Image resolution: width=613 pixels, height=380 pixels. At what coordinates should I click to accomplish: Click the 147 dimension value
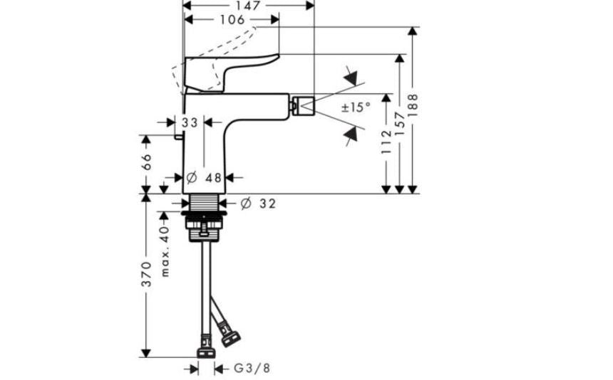point(248,6)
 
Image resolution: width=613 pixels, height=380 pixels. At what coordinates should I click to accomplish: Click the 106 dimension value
point(232,19)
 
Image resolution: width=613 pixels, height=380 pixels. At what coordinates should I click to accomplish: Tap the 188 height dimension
point(413,105)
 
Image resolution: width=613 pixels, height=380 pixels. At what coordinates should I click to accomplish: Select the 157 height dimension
point(400,123)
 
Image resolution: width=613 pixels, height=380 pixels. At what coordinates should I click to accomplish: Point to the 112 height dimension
point(386,142)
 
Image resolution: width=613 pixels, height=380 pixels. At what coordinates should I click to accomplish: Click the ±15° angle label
point(356,107)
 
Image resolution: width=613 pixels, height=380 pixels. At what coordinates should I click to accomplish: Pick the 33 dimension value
point(190,122)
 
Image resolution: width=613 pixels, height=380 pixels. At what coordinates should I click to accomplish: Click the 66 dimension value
point(145,162)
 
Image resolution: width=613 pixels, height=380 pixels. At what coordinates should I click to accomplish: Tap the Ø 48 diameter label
point(204,178)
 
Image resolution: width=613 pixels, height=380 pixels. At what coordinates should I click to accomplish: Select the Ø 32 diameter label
point(258,204)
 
